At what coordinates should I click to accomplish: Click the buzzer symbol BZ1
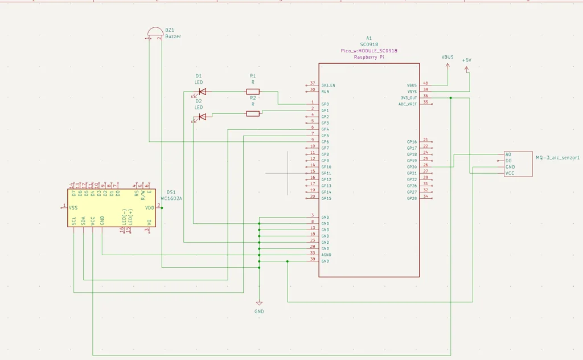coord(155,32)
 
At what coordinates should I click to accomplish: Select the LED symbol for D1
coord(202,91)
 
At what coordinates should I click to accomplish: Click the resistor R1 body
coord(253,91)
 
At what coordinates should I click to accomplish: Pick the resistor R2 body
coord(253,113)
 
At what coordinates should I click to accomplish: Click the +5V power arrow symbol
coord(467,69)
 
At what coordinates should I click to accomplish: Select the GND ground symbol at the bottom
coord(259,304)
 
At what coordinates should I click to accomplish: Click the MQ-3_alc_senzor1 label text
coord(557,157)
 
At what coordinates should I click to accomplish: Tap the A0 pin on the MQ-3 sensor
coord(508,154)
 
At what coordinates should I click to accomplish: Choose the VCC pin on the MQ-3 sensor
coord(510,173)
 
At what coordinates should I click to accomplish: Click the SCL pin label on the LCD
coord(74,220)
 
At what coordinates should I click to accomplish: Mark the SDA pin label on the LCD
coord(83,220)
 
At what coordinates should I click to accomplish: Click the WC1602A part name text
coord(171,199)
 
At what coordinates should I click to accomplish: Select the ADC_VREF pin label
coord(408,104)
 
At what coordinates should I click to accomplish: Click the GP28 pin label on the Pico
coord(412,198)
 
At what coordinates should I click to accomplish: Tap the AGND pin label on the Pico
coord(326,255)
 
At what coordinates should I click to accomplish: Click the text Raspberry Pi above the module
coord(369,58)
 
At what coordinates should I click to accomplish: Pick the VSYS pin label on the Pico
coord(412,91)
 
